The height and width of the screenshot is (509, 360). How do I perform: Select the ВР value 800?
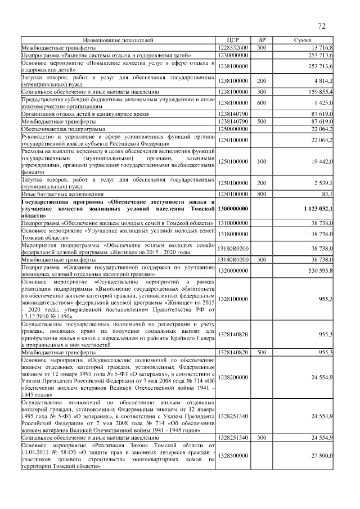tap(262, 193)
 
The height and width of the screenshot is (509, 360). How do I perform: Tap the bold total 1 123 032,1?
tap(318, 208)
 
